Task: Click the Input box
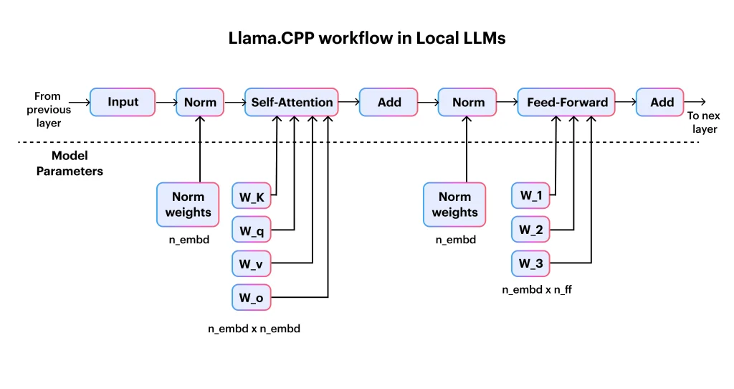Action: (x=123, y=103)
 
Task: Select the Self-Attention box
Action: (x=292, y=103)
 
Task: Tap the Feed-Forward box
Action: (x=567, y=103)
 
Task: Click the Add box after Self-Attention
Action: (x=389, y=103)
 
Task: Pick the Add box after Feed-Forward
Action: (x=662, y=103)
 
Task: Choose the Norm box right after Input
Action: (x=200, y=103)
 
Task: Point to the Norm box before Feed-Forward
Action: (x=469, y=103)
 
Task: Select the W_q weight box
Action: (x=251, y=230)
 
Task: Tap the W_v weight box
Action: (x=251, y=264)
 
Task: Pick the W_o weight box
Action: (x=251, y=297)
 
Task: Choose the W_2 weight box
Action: (x=531, y=230)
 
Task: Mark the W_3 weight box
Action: (x=531, y=264)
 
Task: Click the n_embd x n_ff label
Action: (x=537, y=291)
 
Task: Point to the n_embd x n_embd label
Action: (x=254, y=329)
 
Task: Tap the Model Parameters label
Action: (x=69, y=164)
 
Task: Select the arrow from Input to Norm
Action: (x=166, y=103)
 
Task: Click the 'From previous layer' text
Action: (x=49, y=109)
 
